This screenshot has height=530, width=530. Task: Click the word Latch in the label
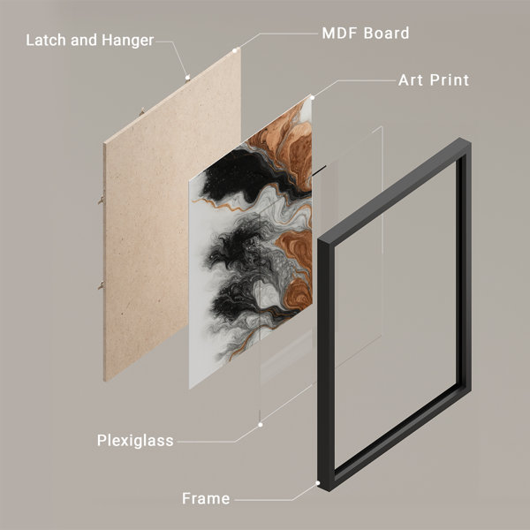pos(46,40)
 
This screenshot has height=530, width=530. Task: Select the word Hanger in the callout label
pos(128,41)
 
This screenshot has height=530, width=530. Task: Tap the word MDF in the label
pos(340,34)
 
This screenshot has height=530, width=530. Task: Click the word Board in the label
pos(386,34)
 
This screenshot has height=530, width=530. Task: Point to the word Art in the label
pos(411,80)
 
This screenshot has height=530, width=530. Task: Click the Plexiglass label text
pos(135,441)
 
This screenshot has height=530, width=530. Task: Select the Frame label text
pos(206,498)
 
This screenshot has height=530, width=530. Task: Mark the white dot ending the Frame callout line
pos(318,483)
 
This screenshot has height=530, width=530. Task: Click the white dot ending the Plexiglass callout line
pos(261,425)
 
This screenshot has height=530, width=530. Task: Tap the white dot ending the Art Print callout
pos(313,98)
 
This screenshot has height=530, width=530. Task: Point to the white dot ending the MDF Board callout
pos(235,50)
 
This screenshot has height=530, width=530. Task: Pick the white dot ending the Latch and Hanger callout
pos(187,78)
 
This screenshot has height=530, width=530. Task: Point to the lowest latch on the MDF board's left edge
pos(101,286)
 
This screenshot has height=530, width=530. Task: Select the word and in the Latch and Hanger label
pos(84,40)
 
